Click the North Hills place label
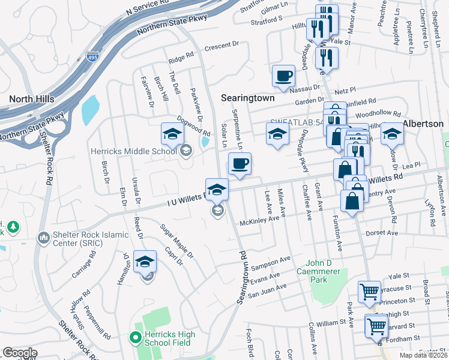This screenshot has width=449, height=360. click(32, 99)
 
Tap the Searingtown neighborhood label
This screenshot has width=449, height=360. click(247, 97)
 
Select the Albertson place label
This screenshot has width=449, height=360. click(423, 124)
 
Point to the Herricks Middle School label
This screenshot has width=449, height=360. click(133, 152)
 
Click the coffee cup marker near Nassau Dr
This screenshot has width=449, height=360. click(283, 76)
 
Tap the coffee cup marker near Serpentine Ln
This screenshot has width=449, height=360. click(240, 164)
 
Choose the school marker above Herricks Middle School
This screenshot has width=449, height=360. click(172, 134)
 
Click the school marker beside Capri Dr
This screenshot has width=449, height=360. click(145, 262)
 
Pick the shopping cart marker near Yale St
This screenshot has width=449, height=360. click(369, 292)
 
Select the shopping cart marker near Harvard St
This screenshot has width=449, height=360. click(376, 326)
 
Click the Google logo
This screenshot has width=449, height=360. click(20, 353)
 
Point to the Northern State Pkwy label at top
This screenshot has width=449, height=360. click(172, 25)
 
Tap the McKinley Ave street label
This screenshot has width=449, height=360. click(260, 220)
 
